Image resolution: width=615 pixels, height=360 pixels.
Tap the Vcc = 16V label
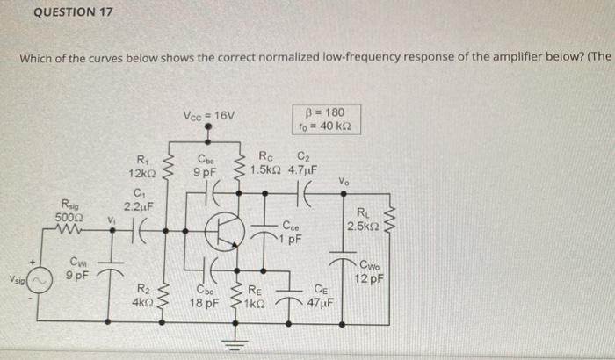(x=209, y=115)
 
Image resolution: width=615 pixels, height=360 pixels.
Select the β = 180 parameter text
(x=326, y=112)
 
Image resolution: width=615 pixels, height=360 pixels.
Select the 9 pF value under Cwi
(x=76, y=275)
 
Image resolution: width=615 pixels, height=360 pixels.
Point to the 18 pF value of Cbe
(x=206, y=302)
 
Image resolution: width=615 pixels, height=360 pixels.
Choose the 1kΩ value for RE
(x=256, y=302)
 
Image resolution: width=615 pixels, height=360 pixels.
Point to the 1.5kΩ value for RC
(x=264, y=169)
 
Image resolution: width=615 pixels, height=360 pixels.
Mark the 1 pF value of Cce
(x=293, y=237)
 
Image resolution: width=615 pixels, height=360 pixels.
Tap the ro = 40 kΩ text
(x=325, y=126)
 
